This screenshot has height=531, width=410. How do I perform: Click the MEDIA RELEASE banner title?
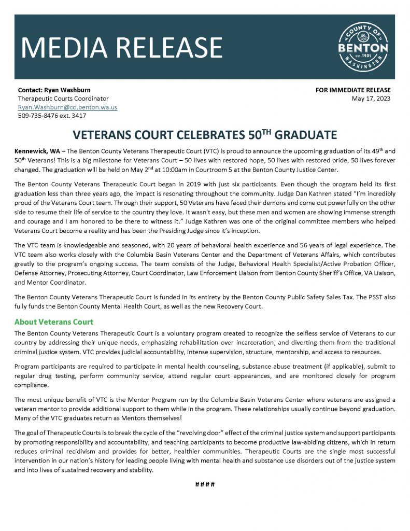tap(122, 47)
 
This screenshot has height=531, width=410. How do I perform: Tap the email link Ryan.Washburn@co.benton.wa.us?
tap(67, 107)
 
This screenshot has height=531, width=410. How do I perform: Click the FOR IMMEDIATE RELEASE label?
tap(353, 90)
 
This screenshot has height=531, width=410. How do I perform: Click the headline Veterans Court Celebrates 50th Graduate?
tap(205, 135)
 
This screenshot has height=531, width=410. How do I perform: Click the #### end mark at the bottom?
tap(205, 484)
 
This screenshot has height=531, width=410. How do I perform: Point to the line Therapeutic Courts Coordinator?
tap(63, 99)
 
